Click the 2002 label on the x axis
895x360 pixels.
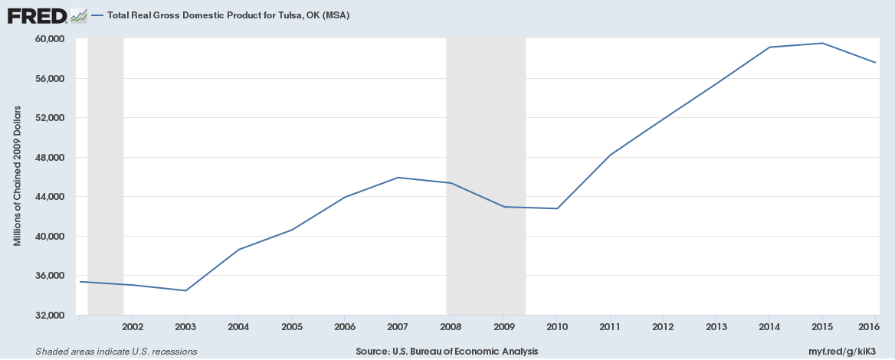tap(133, 327)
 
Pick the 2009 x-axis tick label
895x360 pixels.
tap(504, 327)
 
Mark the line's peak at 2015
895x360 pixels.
tap(823, 43)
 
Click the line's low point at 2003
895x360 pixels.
tap(185, 290)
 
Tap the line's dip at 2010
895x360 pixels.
tap(558, 208)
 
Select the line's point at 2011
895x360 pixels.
tap(611, 155)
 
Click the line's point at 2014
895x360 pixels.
tap(770, 47)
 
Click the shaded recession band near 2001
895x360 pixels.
tap(106, 176)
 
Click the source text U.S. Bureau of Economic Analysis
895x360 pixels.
tap(447, 352)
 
